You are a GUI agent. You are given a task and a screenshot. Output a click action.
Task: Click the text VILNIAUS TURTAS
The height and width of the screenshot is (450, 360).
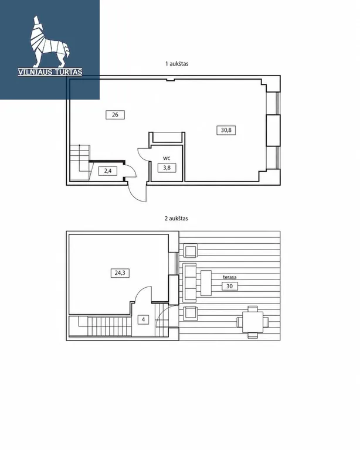(50, 72)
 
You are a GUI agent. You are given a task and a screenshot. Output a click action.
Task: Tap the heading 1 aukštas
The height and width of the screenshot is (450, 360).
(177, 64)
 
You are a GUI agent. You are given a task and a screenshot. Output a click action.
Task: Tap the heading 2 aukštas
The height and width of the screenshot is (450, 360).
(176, 219)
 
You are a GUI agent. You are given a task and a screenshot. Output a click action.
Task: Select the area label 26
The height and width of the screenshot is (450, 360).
(115, 115)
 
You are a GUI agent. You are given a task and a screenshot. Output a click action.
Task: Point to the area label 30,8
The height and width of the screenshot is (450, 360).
(226, 130)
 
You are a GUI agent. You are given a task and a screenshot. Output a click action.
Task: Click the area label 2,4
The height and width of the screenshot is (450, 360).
(108, 171)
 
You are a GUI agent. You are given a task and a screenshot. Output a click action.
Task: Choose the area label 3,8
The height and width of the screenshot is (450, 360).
(167, 168)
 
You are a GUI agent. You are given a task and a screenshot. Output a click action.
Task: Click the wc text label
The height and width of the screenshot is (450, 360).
(167, 158)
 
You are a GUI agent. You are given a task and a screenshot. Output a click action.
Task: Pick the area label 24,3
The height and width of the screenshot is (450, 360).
(120, 272)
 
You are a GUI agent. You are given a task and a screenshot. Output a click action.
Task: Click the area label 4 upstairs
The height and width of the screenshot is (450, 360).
(143, 319)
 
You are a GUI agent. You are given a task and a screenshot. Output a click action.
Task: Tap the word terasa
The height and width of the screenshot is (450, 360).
(230, 277)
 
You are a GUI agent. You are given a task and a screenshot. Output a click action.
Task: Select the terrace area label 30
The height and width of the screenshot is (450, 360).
(230, 286)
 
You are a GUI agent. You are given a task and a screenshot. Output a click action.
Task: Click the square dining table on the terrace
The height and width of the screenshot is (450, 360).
(253, 322)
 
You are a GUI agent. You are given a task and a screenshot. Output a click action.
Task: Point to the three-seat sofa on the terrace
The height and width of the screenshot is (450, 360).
(189, 282)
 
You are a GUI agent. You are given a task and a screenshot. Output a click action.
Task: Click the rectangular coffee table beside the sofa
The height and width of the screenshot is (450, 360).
(206, 283)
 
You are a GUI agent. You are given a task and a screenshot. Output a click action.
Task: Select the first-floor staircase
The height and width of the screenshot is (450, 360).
(80, 162)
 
